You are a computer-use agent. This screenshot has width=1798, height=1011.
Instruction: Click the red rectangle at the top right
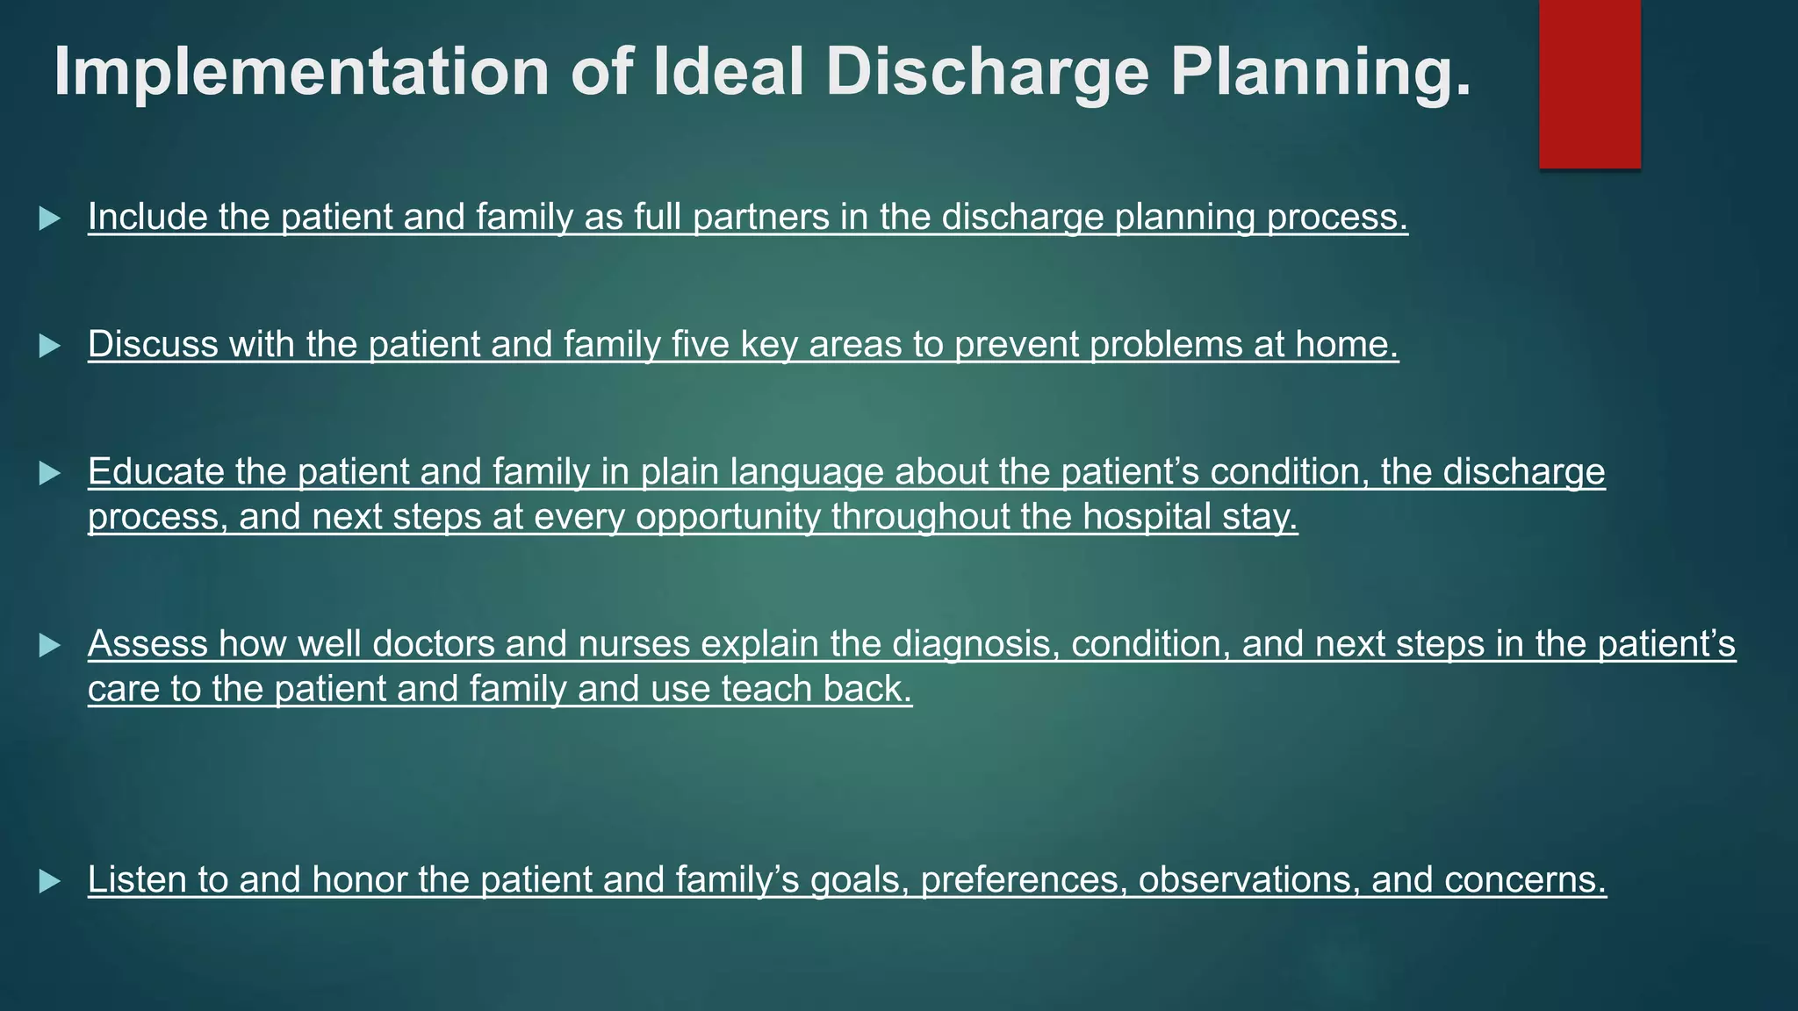click(1589, 83)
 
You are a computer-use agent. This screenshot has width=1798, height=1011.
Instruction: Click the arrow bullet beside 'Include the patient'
click(50, 219)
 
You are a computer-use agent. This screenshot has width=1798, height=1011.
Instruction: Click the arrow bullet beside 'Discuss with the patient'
click(50, 346)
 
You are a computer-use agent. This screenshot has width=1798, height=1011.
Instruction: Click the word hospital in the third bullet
click(1147, 517)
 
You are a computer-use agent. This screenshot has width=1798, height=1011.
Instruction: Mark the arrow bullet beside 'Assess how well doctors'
click(50, 647)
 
